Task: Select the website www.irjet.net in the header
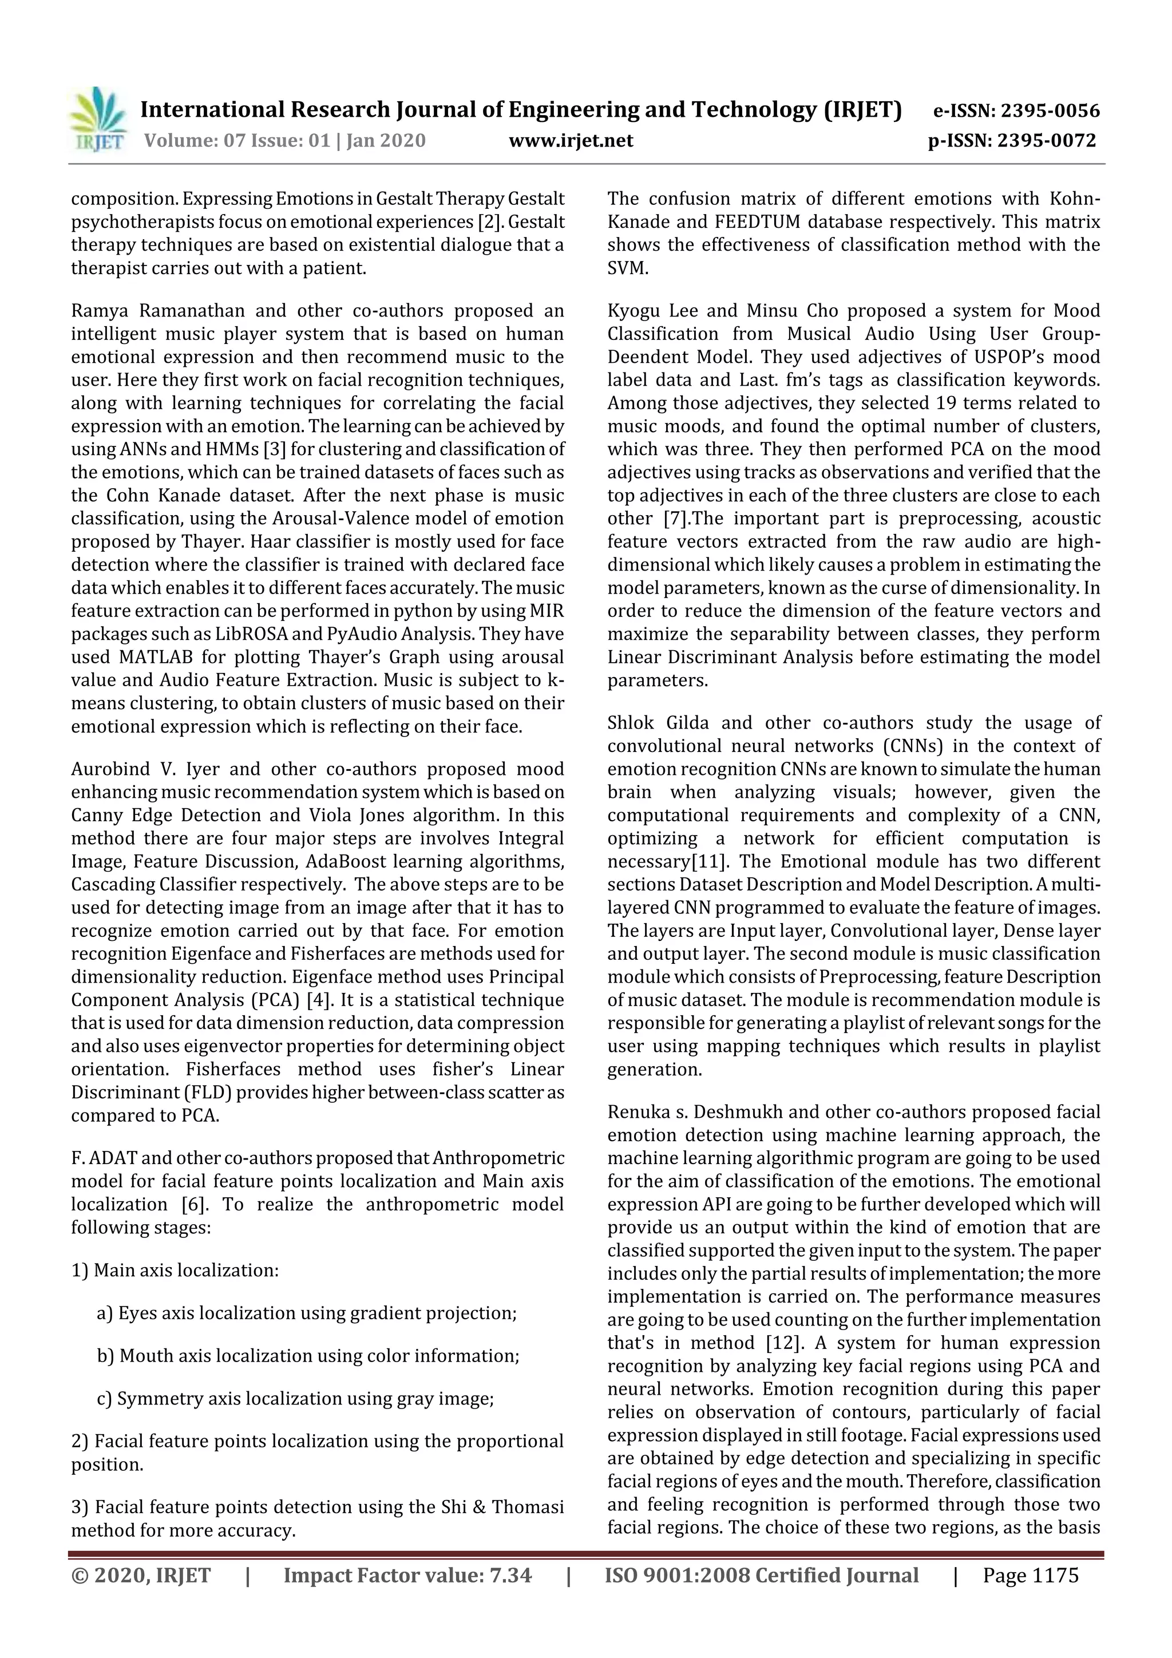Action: [x=571, y=140]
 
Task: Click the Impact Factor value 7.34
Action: [x=510, y=1575]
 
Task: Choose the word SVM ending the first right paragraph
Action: [x=626, y=268]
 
